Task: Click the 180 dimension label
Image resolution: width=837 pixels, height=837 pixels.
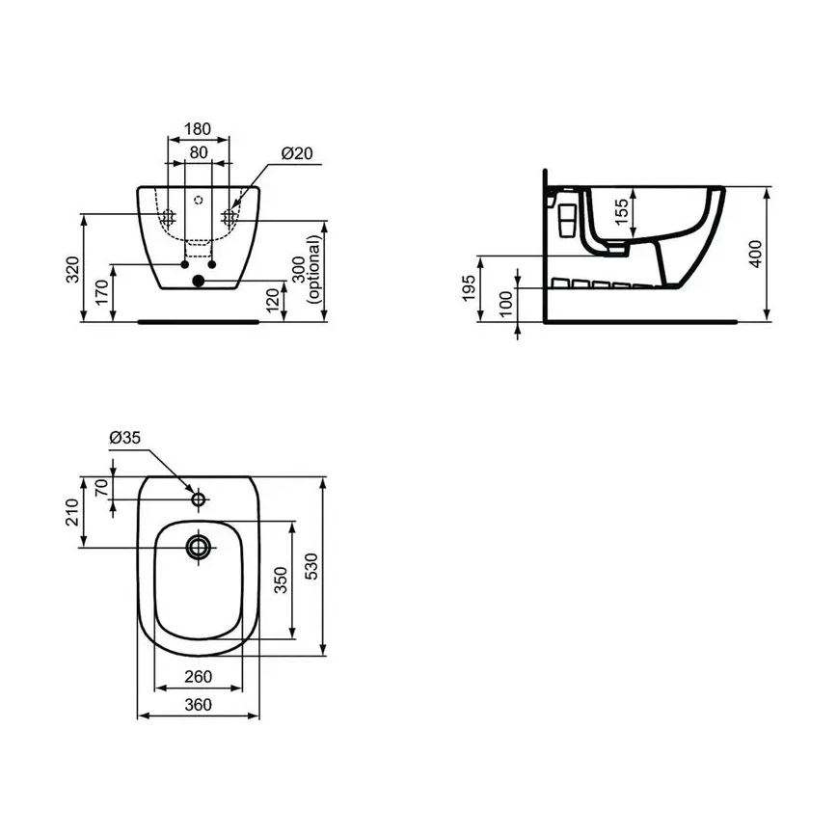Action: pos(199,129)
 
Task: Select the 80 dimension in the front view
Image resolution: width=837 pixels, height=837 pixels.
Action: pos(199,151)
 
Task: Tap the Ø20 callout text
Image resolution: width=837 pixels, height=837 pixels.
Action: pos(297,153)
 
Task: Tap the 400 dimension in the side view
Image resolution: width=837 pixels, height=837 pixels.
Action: pos(756,254)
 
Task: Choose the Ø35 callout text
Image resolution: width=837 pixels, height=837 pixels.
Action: pos(125,437)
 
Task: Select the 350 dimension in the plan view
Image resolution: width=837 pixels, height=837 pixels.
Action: pos(281,580)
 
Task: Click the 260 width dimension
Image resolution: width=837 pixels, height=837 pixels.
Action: pos(198,676)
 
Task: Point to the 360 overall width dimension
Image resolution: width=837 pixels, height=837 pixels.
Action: pos(198,704)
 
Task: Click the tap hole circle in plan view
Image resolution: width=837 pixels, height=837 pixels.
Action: pos(199,499)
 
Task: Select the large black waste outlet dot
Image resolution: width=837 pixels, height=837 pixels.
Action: pos(198,282)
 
